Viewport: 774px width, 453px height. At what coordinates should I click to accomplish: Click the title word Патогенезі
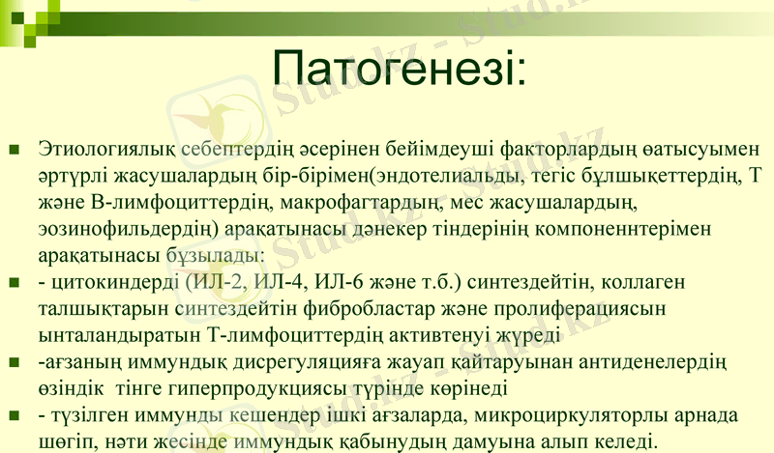(x=398, y=67)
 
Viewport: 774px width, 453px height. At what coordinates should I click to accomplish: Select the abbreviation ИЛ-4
(x=294, y=283)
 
